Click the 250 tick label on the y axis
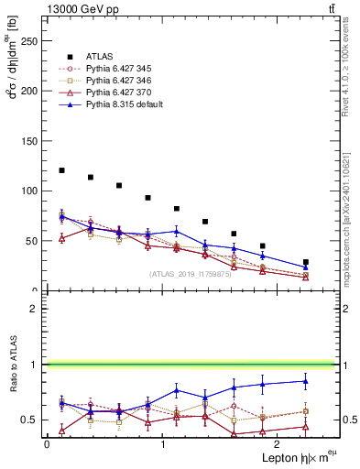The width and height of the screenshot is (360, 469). (x=31, y=41)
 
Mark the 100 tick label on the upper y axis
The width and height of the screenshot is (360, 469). (x=31, y=191)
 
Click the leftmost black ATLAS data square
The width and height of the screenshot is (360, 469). (x=61, y=170)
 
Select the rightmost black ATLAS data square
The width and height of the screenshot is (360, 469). (x=306, y=262)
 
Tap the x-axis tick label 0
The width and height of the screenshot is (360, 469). (x=47, y=443)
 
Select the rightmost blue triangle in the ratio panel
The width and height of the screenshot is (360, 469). (x=306, y=381)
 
